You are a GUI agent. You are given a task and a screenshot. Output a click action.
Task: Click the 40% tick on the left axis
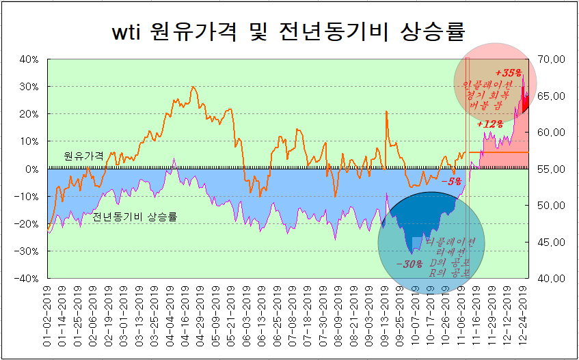tap(29, 59)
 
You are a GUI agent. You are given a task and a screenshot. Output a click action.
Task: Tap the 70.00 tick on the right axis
tap(550, 59)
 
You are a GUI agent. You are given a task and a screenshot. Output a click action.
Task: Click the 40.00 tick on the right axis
tap(550, 279)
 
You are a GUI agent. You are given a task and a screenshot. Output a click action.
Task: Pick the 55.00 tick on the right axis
tap(550, 169)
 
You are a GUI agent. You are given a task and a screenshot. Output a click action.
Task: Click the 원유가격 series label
tap(83, 156)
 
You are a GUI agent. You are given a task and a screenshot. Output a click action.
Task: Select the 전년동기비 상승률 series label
tap(135, 217)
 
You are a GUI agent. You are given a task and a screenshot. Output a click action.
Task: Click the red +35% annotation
tap(509, 72)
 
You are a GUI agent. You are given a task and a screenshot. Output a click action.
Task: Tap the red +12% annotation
tap(490, 124)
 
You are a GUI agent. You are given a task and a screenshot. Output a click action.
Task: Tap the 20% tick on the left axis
tap(29, 114)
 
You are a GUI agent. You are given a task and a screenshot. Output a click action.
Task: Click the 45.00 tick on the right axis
tap(550, 242)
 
